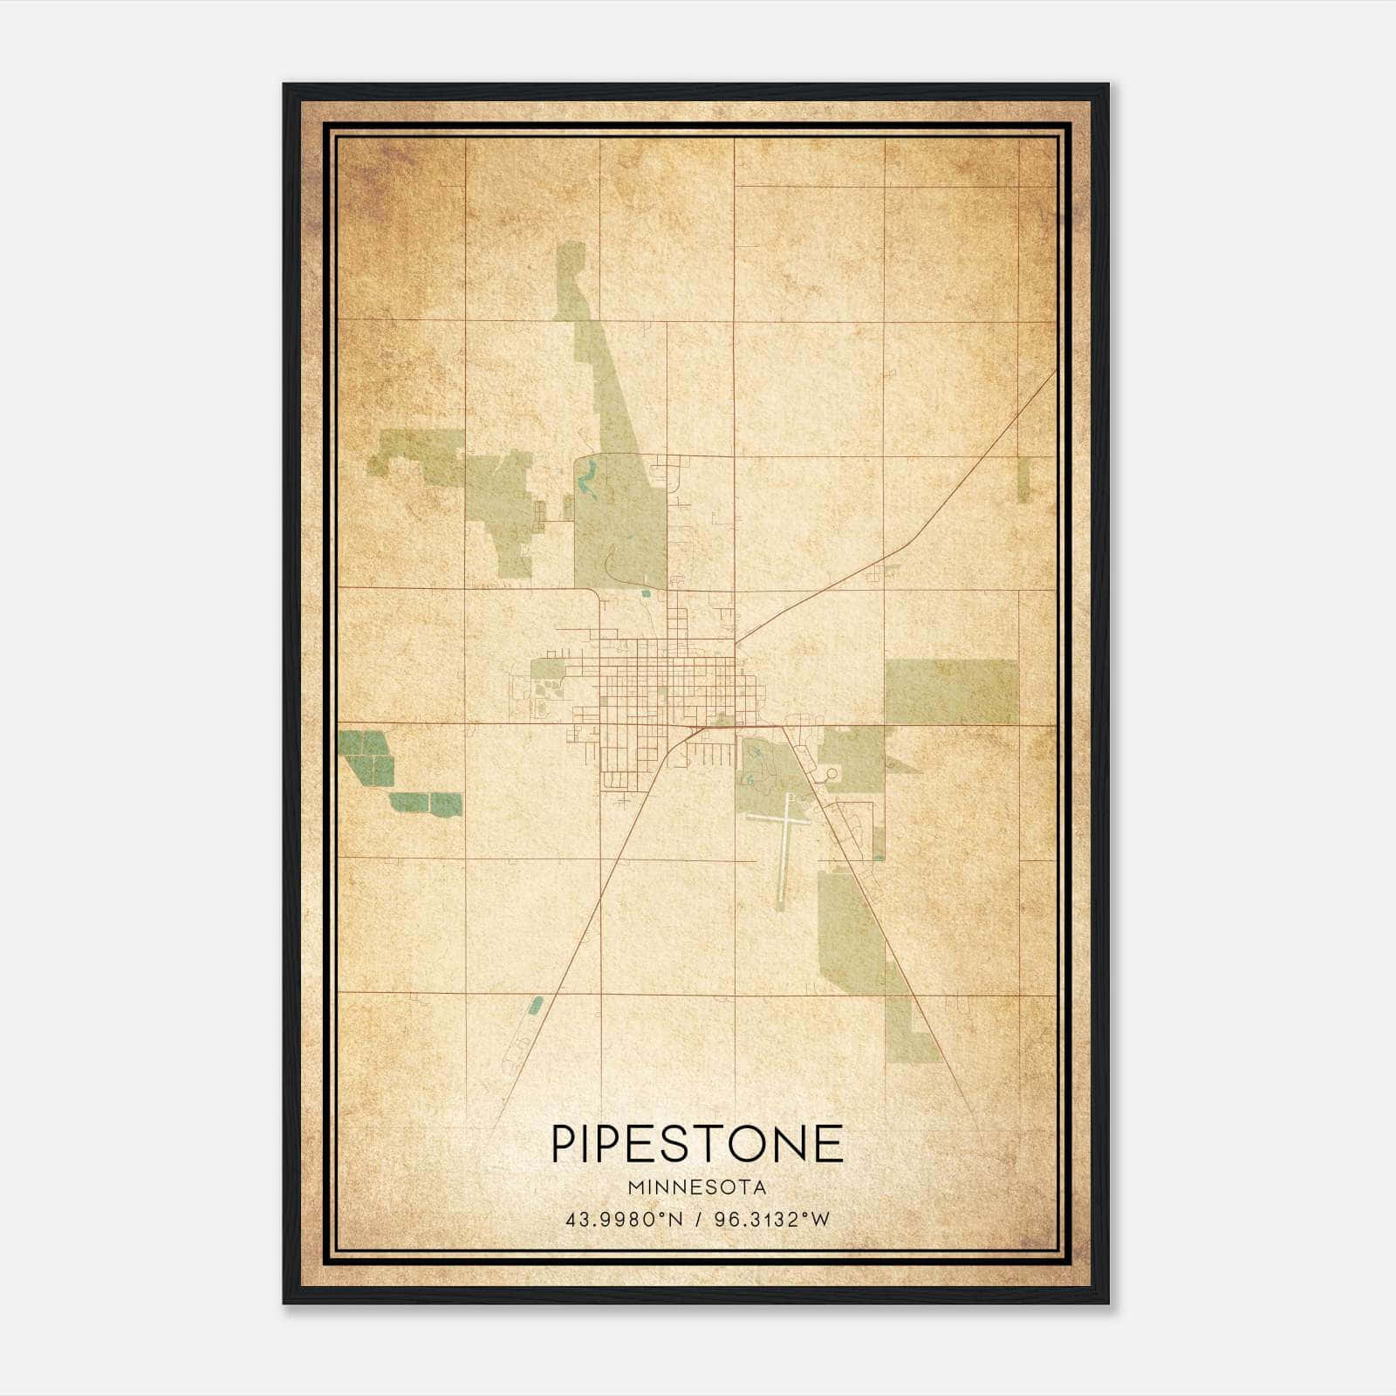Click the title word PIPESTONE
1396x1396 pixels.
click(697, 1143)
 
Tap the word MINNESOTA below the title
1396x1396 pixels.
click(697, 1187)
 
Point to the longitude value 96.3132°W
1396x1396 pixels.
click(771, 1220)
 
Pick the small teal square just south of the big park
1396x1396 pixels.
click(645, 594)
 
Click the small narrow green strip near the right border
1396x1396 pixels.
click(1023, 480)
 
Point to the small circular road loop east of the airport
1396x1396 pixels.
click(831, 773)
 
